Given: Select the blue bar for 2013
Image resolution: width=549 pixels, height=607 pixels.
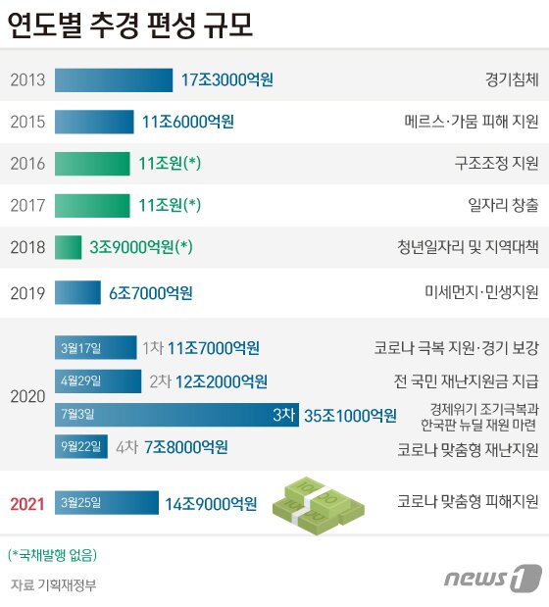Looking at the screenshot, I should click(116, 79).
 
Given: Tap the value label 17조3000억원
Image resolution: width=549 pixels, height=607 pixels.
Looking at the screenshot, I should click(227, 79).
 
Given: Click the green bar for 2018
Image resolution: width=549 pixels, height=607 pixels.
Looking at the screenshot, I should click(68, 247).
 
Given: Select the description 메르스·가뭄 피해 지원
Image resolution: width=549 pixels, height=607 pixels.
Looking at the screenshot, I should click(472, 123).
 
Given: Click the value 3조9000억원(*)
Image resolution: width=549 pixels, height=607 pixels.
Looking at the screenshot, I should click(140, 247).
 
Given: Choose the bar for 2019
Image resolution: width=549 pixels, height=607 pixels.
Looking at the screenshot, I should click(77, 292).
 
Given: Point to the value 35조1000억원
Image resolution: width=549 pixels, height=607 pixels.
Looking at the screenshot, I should click(351, 415).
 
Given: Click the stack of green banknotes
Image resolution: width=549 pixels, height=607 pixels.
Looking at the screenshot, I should click(318, 500).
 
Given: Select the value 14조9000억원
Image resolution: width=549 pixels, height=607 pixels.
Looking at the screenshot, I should click(211, 504).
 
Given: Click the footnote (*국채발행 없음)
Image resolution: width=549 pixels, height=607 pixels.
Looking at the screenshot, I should click(52, 555).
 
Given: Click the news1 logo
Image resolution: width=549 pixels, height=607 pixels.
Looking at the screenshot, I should click(492, 578).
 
